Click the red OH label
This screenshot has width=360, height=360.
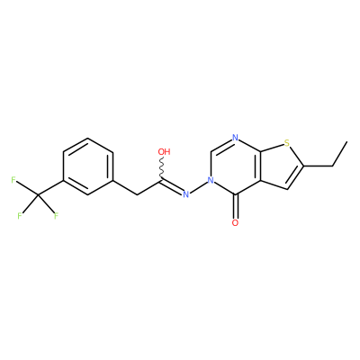pos(164,151)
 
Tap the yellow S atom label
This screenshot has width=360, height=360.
pos(287,143)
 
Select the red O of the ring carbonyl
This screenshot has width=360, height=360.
pos(236,222)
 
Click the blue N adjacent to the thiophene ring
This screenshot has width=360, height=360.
pos(235,139)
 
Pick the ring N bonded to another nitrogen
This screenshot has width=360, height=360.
pos(211,181)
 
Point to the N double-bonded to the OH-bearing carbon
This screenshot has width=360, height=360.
pos(186,194)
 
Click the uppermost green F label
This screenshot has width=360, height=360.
pos(13,180)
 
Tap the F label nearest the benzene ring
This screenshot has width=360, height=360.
pos(56,216)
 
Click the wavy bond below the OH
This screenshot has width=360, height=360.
pos(163,168)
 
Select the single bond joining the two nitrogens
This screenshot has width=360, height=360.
pos(198,187)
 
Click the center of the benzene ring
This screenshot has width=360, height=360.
pos(88,166)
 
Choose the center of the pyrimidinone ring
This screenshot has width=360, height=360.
pos(236,166)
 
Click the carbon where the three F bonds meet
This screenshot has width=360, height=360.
pos(39,195)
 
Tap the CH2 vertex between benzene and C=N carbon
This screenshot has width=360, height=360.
pos(138,195)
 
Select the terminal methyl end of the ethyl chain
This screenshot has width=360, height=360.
pos(347,141)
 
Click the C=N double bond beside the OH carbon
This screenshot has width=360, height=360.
pos(174,186)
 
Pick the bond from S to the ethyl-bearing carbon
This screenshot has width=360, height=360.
pos(296,156)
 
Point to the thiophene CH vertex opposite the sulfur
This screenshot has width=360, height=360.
pos(288,189)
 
